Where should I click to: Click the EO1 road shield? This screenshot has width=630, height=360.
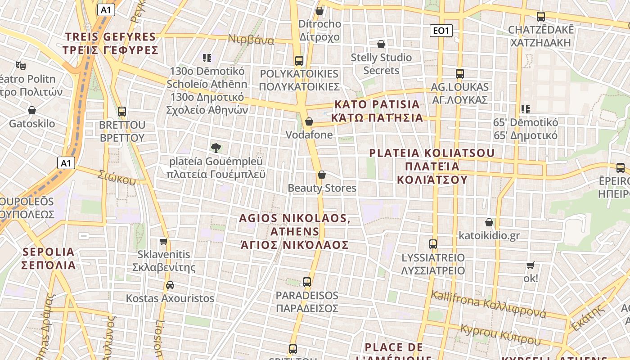441,31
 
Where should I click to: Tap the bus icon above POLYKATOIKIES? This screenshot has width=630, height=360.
299,60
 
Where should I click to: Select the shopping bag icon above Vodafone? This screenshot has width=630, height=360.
309,121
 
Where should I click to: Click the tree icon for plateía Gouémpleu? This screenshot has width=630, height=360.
216,148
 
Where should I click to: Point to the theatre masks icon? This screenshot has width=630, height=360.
20,66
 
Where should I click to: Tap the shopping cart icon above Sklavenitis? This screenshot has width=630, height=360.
164,242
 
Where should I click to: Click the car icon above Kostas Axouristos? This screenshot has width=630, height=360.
170,285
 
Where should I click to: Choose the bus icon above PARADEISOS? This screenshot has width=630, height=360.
307,283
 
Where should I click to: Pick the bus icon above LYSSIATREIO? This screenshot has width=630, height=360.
433,244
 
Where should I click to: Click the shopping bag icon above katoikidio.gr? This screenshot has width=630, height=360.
489,222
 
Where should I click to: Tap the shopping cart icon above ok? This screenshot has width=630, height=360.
531,265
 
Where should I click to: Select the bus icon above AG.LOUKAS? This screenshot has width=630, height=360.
459,74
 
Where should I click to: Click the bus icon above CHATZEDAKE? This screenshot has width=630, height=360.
541,17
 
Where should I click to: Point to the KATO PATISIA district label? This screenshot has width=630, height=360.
377,111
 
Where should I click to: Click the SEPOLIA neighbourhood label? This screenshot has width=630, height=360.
49,258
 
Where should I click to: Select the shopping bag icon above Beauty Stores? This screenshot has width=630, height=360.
322,175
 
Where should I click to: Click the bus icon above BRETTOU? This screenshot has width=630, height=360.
122,112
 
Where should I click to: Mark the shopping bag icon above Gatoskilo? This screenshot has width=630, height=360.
32,110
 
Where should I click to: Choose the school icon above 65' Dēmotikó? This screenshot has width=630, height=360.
525,109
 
